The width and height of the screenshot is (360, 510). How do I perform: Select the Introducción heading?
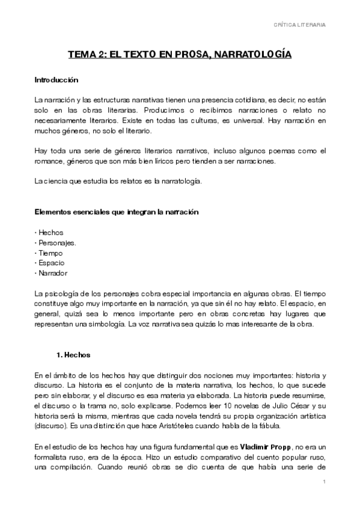pos(56,79)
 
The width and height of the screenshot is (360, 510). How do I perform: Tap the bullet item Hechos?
pos(51,232)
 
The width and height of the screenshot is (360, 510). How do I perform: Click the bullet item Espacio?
pos(52,263)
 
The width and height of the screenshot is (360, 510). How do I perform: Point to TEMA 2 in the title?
pos(90,55)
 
